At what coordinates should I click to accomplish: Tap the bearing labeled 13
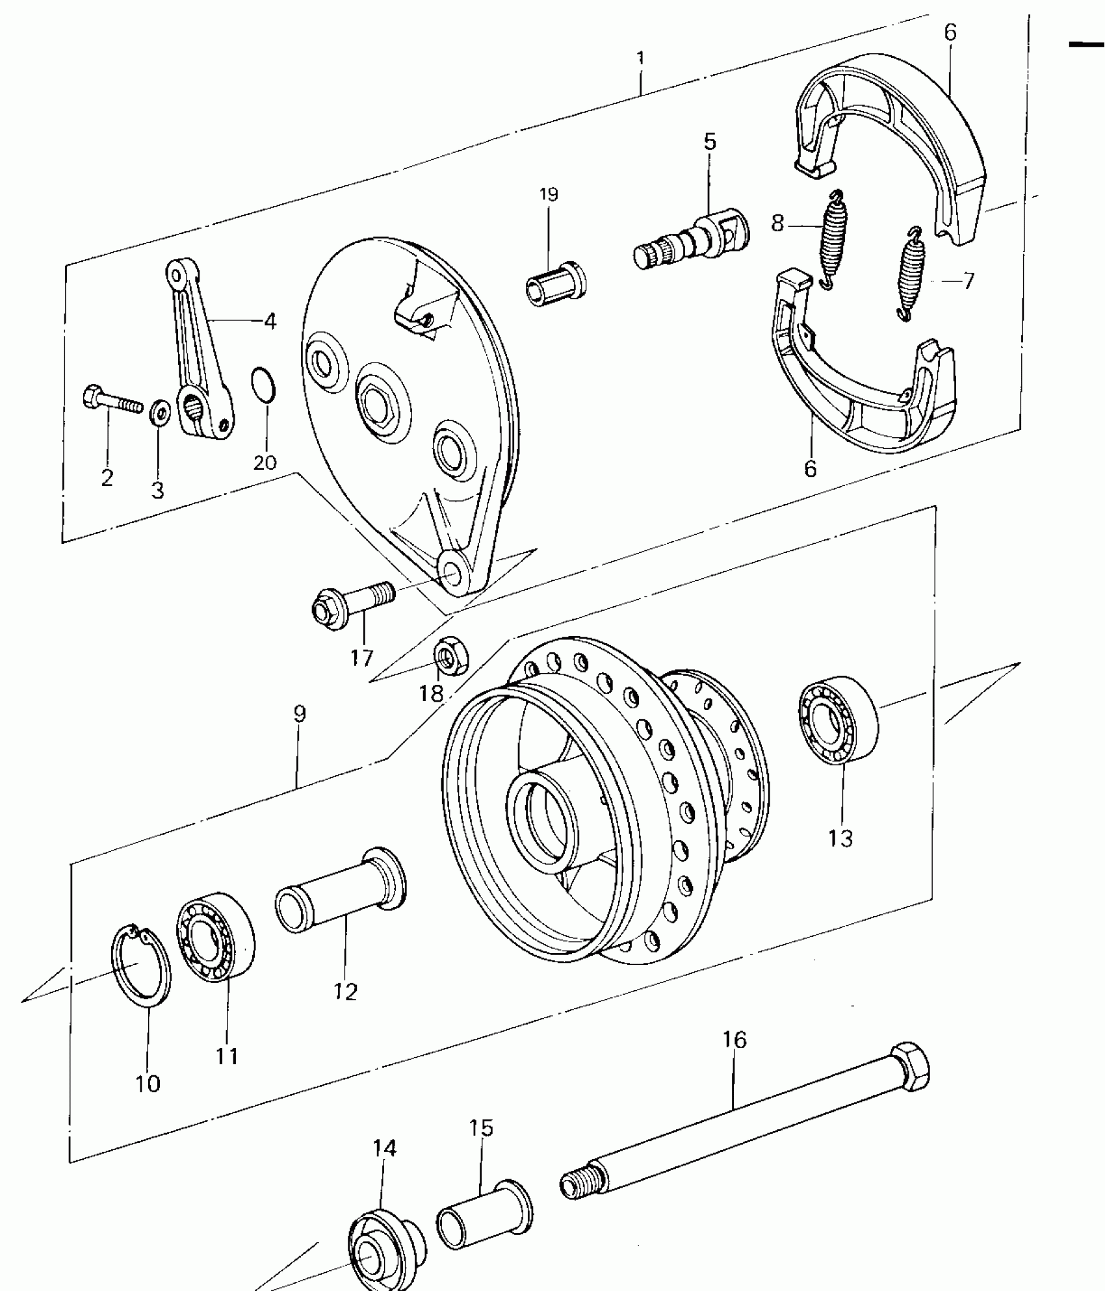tap(838, 719)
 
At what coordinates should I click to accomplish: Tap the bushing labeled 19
tap(555, 284)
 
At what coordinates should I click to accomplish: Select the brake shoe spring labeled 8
tap(831, 240)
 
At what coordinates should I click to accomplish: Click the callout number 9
tap(299, 714)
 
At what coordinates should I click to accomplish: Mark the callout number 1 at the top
tap(641, 58)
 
